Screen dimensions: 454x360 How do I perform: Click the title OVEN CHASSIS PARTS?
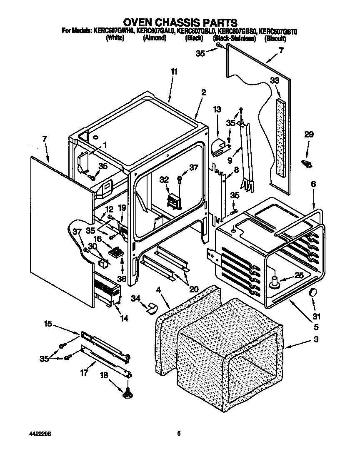(x=180, y=22)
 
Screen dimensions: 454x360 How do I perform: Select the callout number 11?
(x=174, y=72)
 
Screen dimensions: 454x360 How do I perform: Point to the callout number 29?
(x=308, y=135)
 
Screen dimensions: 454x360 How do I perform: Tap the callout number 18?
(x=104, y=375)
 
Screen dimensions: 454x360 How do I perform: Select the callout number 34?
(x=135, y=298)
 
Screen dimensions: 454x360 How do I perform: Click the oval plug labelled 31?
(x=312, y=293)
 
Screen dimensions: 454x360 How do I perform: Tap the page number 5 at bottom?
(x=179, y=434)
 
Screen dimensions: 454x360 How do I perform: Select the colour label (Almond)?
(x=155, y=38)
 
